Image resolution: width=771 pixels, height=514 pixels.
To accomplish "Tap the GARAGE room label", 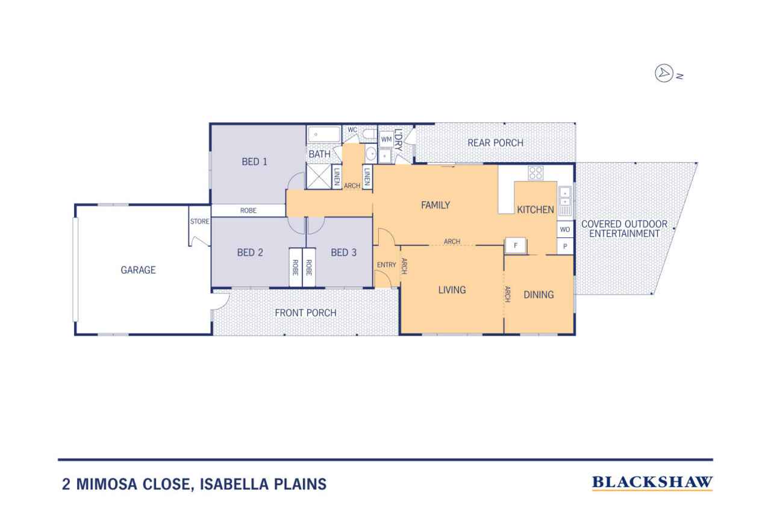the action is [138, 270].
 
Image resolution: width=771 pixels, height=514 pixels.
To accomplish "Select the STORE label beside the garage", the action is [199, 221].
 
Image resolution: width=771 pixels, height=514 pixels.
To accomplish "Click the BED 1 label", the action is [254, 161].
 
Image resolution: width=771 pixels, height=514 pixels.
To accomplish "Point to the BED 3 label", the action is [343, 252].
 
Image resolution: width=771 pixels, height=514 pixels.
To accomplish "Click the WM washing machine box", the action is [386, 139].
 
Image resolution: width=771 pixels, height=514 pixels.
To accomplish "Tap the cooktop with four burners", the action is [535, 173].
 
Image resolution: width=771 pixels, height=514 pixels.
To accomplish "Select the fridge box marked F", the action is [516, 245].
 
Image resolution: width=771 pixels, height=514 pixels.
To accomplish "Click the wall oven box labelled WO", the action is [565, 230].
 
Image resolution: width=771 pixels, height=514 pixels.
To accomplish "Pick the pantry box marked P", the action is [565, 246].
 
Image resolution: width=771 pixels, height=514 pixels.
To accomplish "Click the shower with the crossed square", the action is [319, 177].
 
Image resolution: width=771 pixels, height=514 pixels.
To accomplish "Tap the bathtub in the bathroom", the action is [323, 134].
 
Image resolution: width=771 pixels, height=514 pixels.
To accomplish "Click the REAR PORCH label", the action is [495, 143].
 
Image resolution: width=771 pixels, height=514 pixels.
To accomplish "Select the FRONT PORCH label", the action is [305, 313].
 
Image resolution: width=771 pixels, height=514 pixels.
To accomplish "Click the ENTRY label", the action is [386, 265].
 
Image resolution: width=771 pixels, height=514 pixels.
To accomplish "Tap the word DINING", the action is [538, 295].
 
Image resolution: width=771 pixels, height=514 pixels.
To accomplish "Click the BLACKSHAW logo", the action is [652, 482].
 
